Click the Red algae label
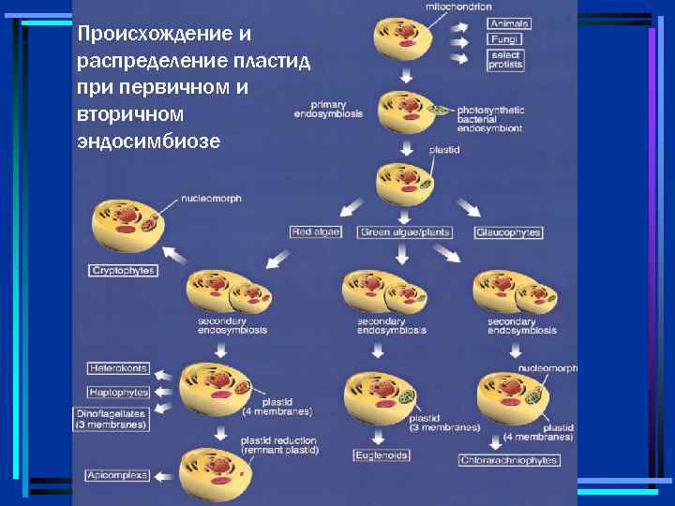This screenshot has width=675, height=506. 316,231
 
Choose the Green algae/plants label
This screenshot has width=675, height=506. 405,231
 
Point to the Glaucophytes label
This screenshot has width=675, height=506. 508,231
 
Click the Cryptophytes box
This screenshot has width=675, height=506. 123,270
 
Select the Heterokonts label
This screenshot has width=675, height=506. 118,367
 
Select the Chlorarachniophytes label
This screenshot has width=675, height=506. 510,460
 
